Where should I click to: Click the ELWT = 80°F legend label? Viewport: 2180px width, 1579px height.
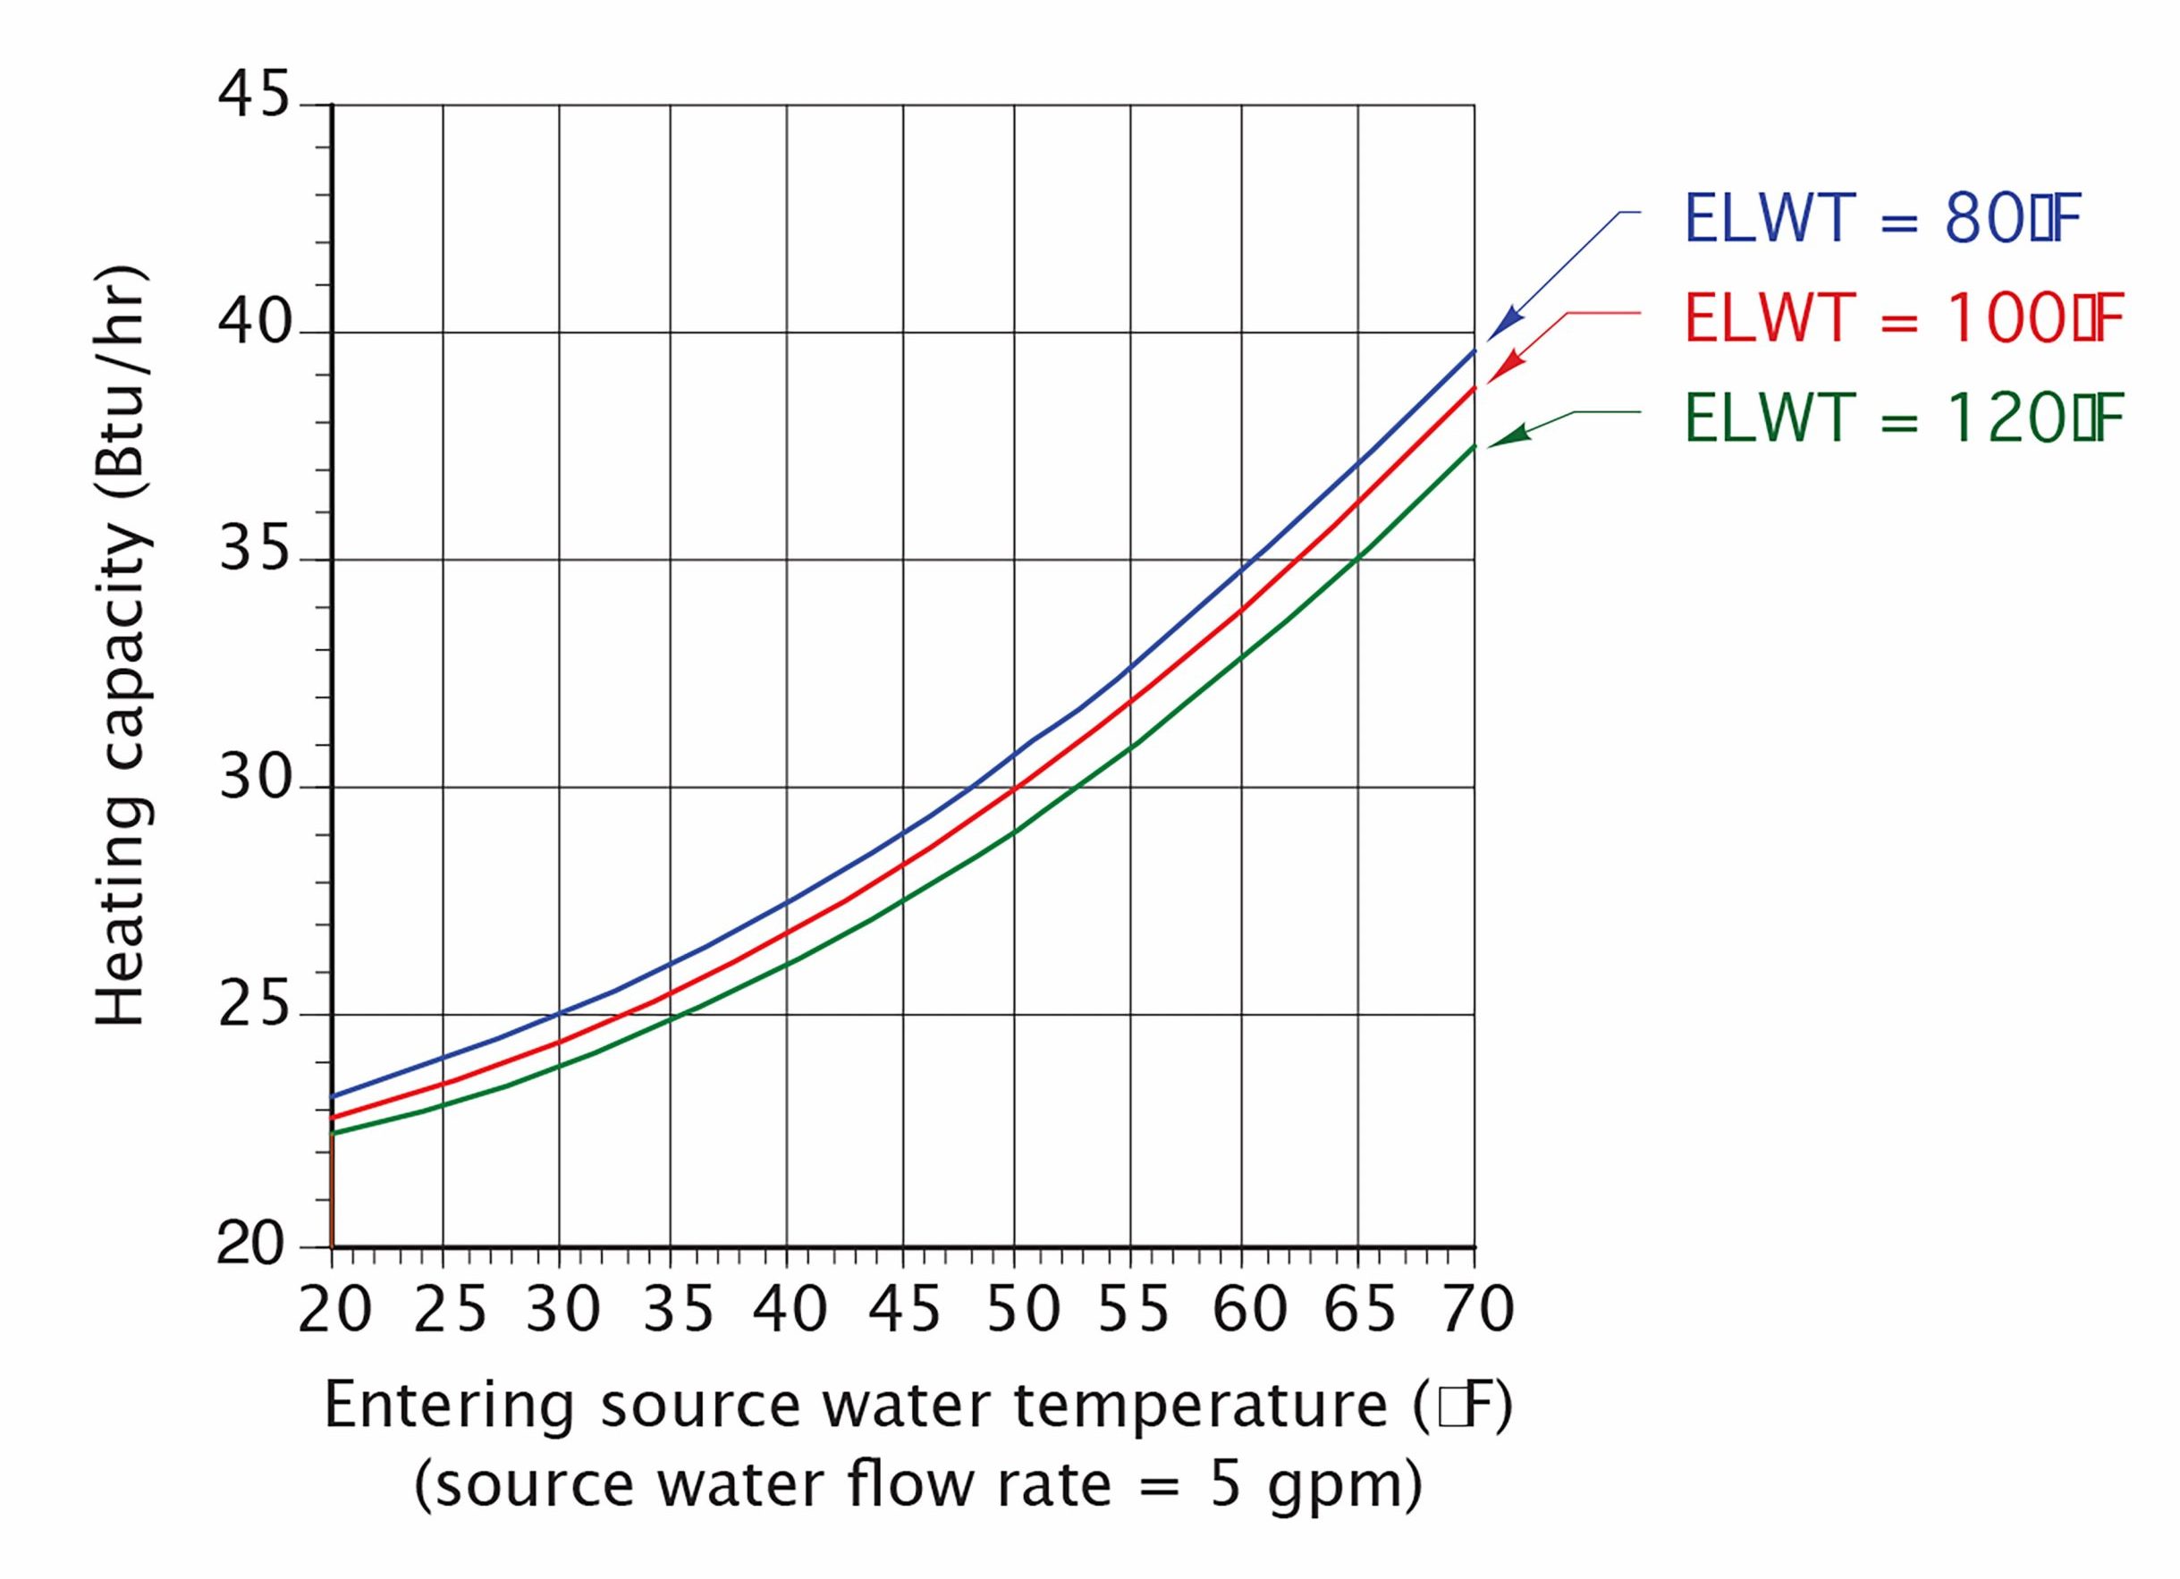tap(1881, 220)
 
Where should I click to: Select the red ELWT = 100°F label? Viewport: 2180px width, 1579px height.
tap(1903, 319)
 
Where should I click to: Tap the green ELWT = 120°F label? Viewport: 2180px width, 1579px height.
tap(1903, 419)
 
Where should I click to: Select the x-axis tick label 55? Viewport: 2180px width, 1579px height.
tap(1133, 1309)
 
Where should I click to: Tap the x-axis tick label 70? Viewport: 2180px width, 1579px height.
tap(1476, 1309)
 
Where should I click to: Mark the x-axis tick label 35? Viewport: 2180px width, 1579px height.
tap(678, 1309)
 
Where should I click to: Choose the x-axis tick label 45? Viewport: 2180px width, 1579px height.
tap(906, 1309)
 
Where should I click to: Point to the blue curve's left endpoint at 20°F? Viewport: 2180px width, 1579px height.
tap(333, 1095)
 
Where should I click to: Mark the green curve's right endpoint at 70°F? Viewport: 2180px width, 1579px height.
tap(1474, 447)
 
